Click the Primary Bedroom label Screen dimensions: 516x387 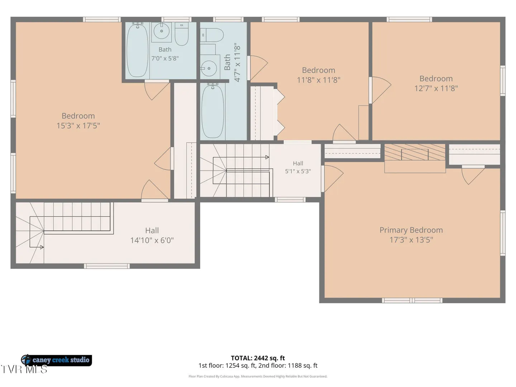tap(411, 230)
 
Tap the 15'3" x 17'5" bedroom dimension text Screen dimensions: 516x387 tap(78, 126)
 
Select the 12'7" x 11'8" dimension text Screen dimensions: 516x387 tap(436, 89)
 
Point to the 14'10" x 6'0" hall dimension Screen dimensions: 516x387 tap(152, 240)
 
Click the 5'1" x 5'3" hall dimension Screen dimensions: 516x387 tap(298, 171)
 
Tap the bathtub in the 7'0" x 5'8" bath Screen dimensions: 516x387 tap(138, 50)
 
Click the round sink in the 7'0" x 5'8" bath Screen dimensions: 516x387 tap(162, 31)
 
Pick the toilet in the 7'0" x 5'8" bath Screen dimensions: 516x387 tap(182, 34)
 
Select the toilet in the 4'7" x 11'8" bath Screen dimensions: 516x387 tap(211, 35)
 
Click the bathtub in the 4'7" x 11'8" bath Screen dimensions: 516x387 tap(213, 111)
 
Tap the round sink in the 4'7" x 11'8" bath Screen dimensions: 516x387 tap(209, 68)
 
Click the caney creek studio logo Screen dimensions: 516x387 tap(56, 360)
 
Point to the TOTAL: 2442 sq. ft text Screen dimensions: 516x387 tap(258, 358)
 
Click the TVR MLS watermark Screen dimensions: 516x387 tap(24, 369)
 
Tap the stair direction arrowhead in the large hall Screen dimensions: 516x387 tap(42, 247)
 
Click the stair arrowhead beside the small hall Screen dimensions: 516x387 tap(267, 157)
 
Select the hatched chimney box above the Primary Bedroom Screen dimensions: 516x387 tap(415, 152)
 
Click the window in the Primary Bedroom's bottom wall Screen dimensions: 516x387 tap(412, 300)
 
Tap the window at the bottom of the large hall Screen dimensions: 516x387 tap(107, 266)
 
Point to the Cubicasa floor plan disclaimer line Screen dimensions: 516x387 tap(258, 376)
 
